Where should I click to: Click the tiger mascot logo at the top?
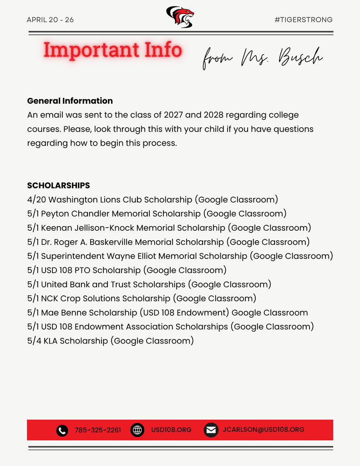click(x=180, y=17)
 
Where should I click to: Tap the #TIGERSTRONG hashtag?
click(x=304, y=20)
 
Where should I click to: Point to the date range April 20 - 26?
click(x=50, y=20)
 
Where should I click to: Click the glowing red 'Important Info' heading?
click(x=112, y=50)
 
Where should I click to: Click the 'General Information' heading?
click(x=70, y=101)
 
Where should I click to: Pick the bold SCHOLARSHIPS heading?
click(x=59, y=185)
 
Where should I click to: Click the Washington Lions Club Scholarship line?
click(x=152, y=199)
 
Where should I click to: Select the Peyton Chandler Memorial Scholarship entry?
click(x=157, y=213)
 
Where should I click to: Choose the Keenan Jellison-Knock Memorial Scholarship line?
click(x=169, y=228)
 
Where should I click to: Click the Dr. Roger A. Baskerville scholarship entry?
click(x=168, y=242)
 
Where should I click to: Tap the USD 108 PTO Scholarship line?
click(x=127, y=270)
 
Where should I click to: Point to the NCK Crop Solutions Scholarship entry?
click(x=142, y=298)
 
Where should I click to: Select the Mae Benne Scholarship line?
click(x=167, y=312)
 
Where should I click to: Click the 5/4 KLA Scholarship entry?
click(x=110, y=340)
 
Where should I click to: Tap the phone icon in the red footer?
click(x=62, y=430)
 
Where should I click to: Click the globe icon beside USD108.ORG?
click(x=137, y=430)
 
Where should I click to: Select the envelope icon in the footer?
click(x=211, y=430)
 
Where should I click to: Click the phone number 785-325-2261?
click(x=98, y=430)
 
